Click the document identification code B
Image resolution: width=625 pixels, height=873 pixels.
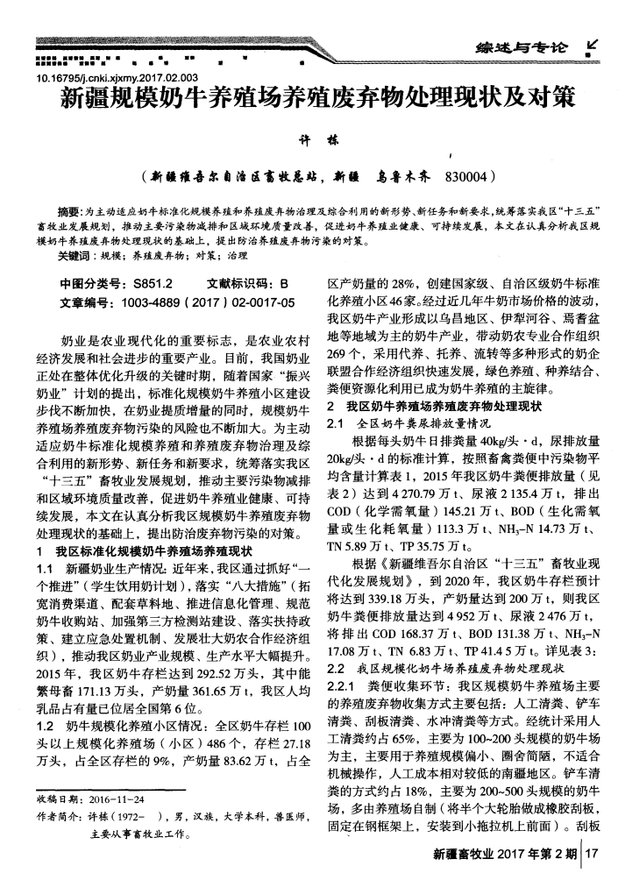tap(283, 285)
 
